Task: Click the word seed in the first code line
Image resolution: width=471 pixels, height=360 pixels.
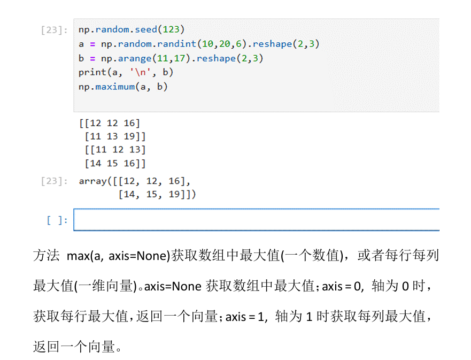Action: tap(146, 29)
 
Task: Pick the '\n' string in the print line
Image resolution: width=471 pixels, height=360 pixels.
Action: tap(140, 72)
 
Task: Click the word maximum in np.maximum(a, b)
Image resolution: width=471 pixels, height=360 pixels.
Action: tap(115, 87)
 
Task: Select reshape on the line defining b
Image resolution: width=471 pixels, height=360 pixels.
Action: tap(216, 58)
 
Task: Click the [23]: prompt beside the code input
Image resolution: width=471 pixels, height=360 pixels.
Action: tap(54, 30)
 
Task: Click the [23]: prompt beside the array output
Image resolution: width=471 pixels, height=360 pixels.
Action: tap(54, 181)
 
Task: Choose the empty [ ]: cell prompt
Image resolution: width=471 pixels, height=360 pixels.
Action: tap(57, 220)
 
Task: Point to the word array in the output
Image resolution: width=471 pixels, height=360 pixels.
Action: tap(92, 181)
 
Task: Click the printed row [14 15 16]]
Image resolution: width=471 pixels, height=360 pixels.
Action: tap(115, 164)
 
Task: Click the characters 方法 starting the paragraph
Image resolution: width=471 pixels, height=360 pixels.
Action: tap(46, 256)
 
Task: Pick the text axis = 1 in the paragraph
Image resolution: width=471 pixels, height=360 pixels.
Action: tap(245, 317)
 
